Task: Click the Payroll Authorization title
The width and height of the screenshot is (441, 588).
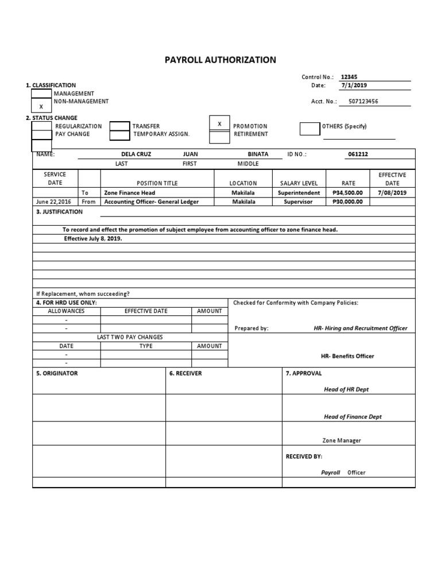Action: coord(220,60)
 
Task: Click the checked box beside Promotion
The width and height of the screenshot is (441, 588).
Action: coord(219,125)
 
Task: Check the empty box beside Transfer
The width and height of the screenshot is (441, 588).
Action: coord(119,126)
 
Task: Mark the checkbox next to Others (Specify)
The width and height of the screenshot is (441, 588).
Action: coord(310,129)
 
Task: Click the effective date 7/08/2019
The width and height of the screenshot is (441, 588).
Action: coord(392,193)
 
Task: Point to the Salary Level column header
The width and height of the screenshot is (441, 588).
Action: coord(299,183)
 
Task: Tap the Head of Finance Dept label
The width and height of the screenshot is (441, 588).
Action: coord(353,417)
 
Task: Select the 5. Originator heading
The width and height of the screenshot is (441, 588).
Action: coord(57,373)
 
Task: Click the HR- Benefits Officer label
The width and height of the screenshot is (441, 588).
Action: coord(347,356)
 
